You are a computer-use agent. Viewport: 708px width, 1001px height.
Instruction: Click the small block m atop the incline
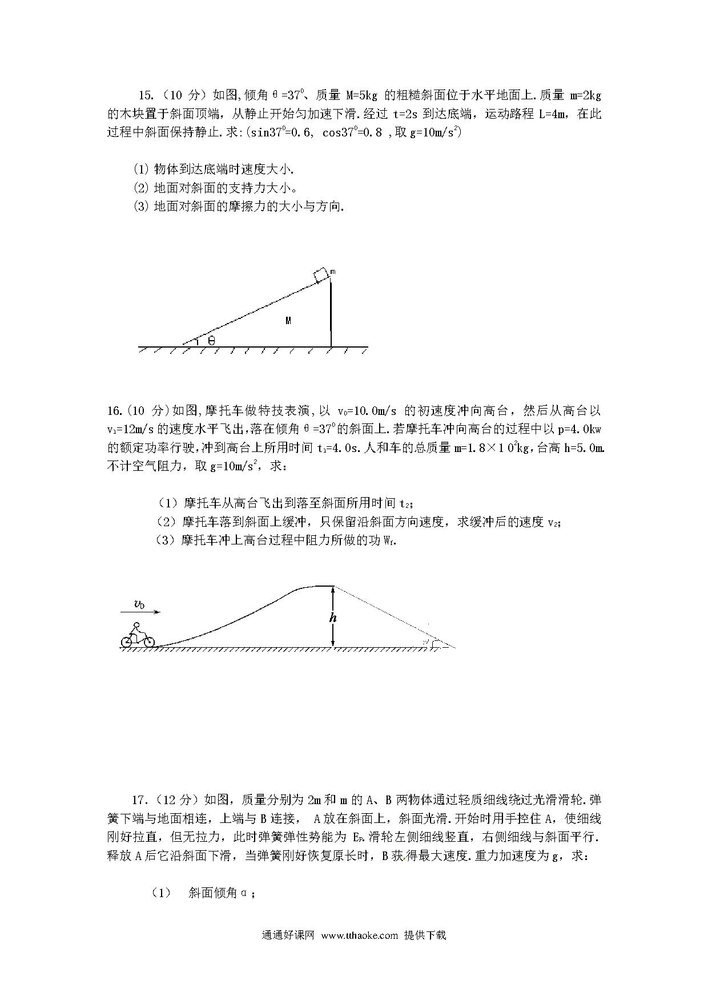(x=321, y=275)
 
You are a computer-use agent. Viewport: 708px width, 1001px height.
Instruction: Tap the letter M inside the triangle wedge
(x=288, y=321)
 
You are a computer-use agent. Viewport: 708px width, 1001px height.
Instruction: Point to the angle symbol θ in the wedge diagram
(x=211, y=341)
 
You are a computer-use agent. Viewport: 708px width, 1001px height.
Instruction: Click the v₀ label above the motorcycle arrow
(x=139, y=604)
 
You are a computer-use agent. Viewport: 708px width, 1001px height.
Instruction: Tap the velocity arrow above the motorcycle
(x=141, y=612)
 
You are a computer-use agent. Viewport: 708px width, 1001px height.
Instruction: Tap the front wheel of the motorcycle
(x=148, y=642)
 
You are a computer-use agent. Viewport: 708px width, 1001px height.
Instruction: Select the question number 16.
(x=114, y=411)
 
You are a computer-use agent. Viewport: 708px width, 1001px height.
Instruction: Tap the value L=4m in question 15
(x=553, y=114)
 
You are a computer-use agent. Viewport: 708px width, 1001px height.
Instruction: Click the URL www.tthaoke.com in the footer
(x=359, y=935)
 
